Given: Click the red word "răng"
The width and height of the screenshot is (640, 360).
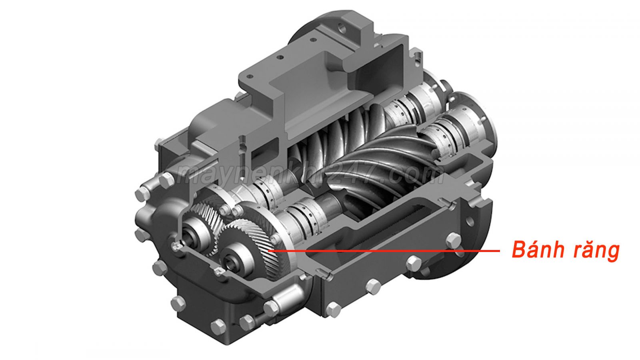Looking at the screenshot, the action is point(596,252).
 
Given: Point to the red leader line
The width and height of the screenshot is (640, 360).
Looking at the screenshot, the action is point(384,251).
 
